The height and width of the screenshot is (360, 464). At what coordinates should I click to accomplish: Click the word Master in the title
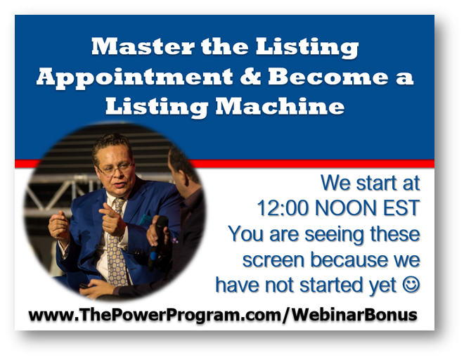click(143, 46)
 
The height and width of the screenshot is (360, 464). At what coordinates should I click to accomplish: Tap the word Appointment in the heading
click(135, 77)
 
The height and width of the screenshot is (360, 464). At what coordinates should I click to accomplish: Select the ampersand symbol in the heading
click(250, 76)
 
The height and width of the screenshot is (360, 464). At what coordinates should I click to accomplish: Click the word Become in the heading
click(328, 76)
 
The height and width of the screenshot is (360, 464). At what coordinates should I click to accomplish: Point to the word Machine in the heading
click(280, 106)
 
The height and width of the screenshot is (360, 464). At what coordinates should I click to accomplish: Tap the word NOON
click(346, 208)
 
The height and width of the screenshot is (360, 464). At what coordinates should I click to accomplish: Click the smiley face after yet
click(411, 285)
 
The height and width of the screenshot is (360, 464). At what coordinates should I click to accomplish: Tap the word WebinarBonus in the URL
click(354, 314)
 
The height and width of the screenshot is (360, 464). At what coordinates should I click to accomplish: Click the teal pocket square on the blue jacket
click(146, 219)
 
